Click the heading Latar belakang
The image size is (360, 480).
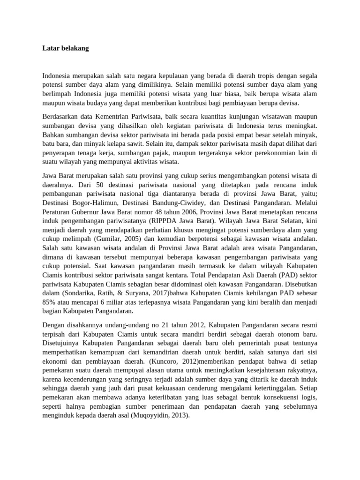[65, 48]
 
